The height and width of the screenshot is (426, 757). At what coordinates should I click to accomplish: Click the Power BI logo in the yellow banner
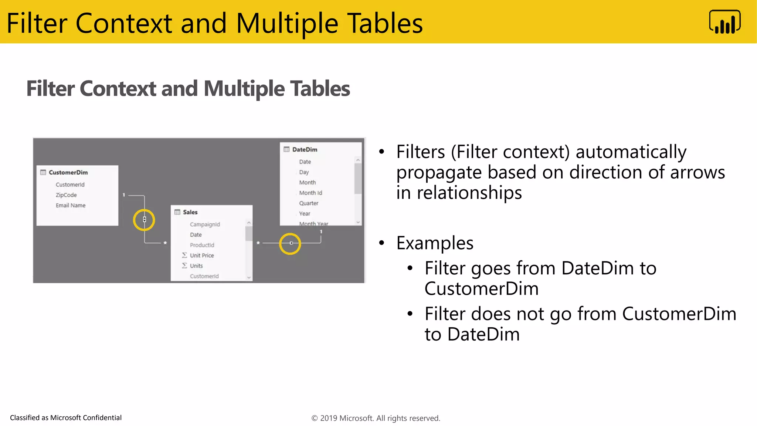[x=724, y=22]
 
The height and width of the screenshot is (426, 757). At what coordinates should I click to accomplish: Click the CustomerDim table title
[x=68, y=172]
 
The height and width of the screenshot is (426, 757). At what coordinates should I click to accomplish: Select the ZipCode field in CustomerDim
[x=66, y=195]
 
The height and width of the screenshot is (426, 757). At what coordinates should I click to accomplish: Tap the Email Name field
[x=71, y=205]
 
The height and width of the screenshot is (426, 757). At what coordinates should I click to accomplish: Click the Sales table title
[x=190, y=212]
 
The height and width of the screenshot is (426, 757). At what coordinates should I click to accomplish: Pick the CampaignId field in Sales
[x=205, y=224]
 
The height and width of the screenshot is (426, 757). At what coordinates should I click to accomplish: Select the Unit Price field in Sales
[x=202, y=256]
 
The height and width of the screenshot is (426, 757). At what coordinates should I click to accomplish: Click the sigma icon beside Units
[x=184, y=266]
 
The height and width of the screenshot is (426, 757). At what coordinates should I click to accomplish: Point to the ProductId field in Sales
[x=202, y=245]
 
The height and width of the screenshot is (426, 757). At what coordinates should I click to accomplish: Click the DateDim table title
[x=305, y=149]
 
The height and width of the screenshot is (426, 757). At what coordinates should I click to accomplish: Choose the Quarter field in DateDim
[x=309, y=203]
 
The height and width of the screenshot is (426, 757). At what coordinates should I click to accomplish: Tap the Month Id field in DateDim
[x=310, y=193]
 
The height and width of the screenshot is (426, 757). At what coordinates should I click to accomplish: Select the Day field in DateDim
[x=304, y=172]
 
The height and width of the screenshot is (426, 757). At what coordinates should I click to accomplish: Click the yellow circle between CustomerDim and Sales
[x=144, y=220]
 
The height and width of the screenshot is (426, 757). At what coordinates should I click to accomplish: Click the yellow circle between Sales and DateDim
[x=290, y=244]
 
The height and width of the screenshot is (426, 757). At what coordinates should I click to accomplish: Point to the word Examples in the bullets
[x=435, y=243]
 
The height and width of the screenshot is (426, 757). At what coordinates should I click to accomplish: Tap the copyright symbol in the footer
[x=315, y=418]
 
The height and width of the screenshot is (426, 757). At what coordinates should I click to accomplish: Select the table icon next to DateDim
[x=286, y=149]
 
